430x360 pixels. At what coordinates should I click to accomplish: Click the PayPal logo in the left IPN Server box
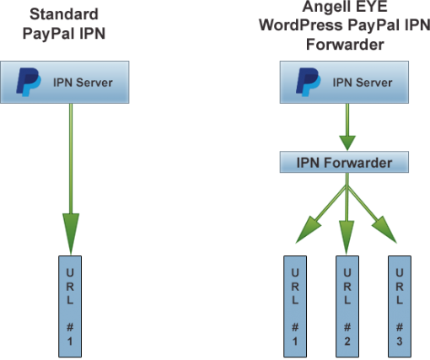31,83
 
